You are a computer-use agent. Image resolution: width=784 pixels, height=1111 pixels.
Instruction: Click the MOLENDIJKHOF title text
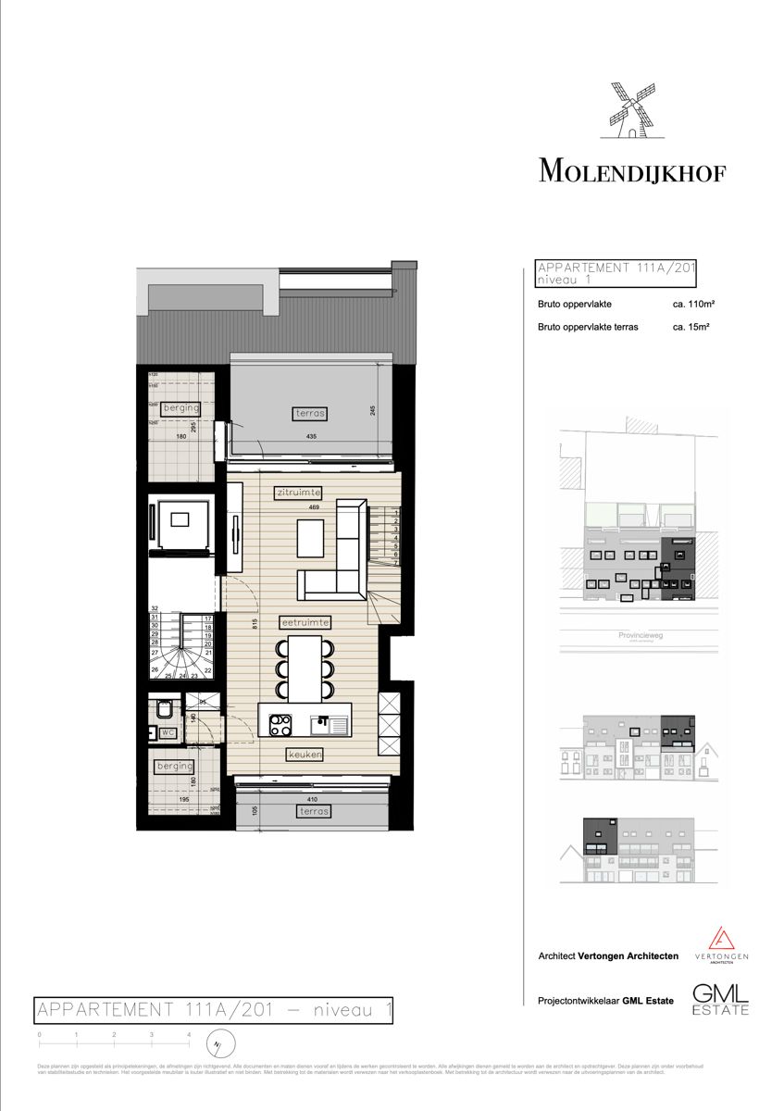(631, 171)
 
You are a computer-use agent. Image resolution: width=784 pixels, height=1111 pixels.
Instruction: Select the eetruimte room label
(305, 622)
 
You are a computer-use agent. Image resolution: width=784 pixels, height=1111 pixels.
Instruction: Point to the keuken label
(305, 755)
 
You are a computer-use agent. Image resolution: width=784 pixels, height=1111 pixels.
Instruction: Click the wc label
(168, 732)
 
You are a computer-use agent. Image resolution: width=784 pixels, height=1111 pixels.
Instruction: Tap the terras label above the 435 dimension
(312, 413)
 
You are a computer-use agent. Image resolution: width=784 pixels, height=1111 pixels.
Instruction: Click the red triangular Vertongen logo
(721, 939)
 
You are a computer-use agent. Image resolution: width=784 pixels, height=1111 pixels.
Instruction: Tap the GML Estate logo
(721, 998)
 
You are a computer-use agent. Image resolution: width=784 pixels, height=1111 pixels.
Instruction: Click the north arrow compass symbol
(218, 1047)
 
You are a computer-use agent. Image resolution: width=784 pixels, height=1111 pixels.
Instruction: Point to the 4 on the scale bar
(189, 1033)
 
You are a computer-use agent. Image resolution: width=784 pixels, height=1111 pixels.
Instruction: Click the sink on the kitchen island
(324, 721)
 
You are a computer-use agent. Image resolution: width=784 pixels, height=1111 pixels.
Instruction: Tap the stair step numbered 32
(156, 608)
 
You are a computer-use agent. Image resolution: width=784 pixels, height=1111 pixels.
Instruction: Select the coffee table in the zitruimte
(311, 537)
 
